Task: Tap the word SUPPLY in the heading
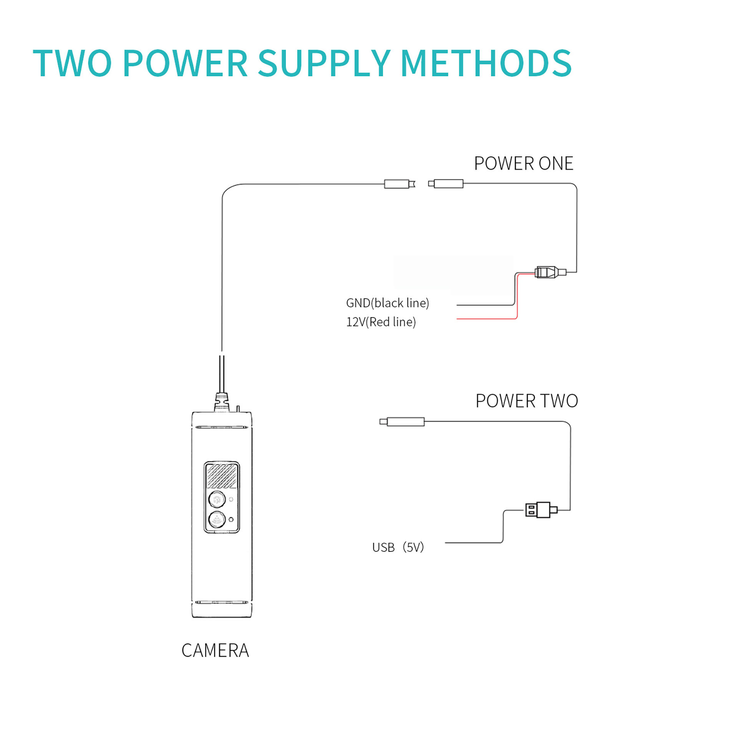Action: coord(324,63)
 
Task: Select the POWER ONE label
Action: coord(523,164)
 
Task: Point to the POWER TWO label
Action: coord(526,401)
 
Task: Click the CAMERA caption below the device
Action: coord(215,650)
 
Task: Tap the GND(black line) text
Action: coord(387,303)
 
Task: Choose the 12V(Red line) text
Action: coord(381,322)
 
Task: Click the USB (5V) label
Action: coord(398,548)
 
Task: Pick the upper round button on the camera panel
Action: coord(217,499)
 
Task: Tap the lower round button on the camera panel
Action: coord(217,519)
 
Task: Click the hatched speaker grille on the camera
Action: coord(222,476)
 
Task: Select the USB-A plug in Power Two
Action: coord(539,510)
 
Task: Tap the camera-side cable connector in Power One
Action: coord(398,184)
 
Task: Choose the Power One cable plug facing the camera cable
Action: coord(447,184)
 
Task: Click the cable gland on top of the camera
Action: coord(222,402)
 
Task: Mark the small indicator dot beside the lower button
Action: coord(231,520)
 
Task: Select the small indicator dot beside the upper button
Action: coord(231,499)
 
